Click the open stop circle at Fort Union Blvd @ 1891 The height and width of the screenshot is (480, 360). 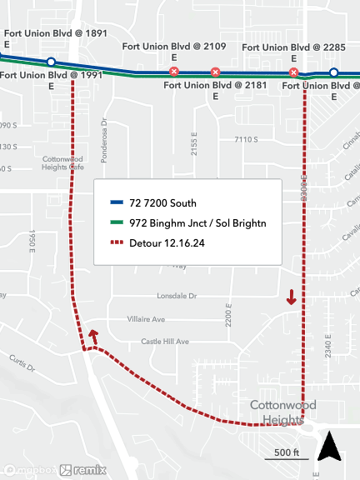51,62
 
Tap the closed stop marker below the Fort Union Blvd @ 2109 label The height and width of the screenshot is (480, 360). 173,72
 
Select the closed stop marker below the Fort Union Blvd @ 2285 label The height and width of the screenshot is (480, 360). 293,73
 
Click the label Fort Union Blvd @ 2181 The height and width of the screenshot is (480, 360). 215,91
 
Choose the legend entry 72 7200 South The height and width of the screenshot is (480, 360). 162,202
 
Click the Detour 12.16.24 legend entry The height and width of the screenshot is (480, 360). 168,243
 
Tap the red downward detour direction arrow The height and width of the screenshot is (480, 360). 292,297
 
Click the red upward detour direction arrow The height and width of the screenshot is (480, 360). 93,336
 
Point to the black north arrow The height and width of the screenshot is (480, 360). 331,447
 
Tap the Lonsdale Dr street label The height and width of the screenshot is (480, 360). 177,296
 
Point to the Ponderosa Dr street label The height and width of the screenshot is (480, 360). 104,135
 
